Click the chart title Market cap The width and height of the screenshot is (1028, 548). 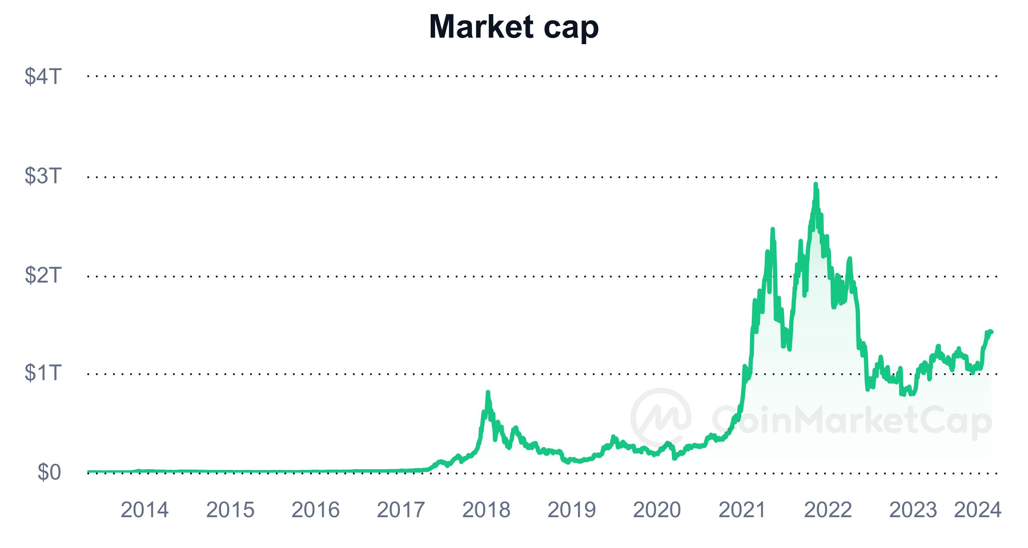pyautogui.click(x=514, y=27)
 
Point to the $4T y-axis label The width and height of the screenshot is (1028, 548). pyautogui.click(x=43, y=76)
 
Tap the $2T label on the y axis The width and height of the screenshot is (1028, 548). pyautogui.click(x=43, y=275)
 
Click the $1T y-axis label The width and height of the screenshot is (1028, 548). pyautogui.click(x=43, y=373)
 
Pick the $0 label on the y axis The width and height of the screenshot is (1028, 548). pyautogui.click(x=49, y=472)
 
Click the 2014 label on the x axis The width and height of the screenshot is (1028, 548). pyautogui.click(x=145, y=510)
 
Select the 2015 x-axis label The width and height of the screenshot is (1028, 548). pyautogui.click(x=230, y=510)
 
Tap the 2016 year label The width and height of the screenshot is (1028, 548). pyautogui.click(x=315, y=510)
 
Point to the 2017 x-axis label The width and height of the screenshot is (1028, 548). pyautogui.click(x=401, y=510)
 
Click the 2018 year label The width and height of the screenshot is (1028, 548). pyautogui.click(x=486, y=510)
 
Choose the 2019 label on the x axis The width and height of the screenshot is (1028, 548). pyautogui.click(x=572, y=510)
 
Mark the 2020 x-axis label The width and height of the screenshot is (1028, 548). pyautogui.click(x=657, y=510)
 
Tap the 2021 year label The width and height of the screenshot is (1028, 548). pyautogui.click(x=742, y=510)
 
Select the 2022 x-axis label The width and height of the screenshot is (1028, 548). pyautogui.click(x=828, y=510)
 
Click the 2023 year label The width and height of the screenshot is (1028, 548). pyautogui.click(x=913, y=510)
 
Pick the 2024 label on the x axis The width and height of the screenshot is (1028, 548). pyautogui.click(x=977, y=510)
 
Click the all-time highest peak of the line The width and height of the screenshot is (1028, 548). pyautogui.click(x=816, y=184)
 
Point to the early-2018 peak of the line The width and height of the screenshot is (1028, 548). pyautogui.click(x=488, y=393)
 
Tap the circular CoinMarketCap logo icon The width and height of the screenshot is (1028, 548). pyautogui.click(x=661, y=418)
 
